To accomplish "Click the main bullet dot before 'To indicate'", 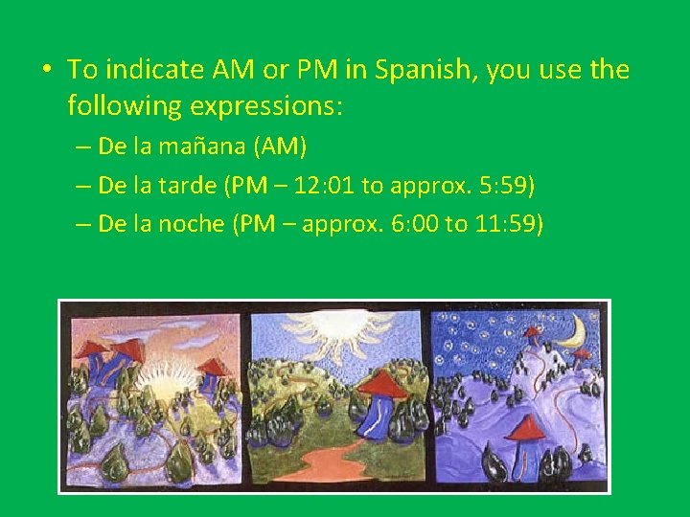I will pos(45,71).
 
